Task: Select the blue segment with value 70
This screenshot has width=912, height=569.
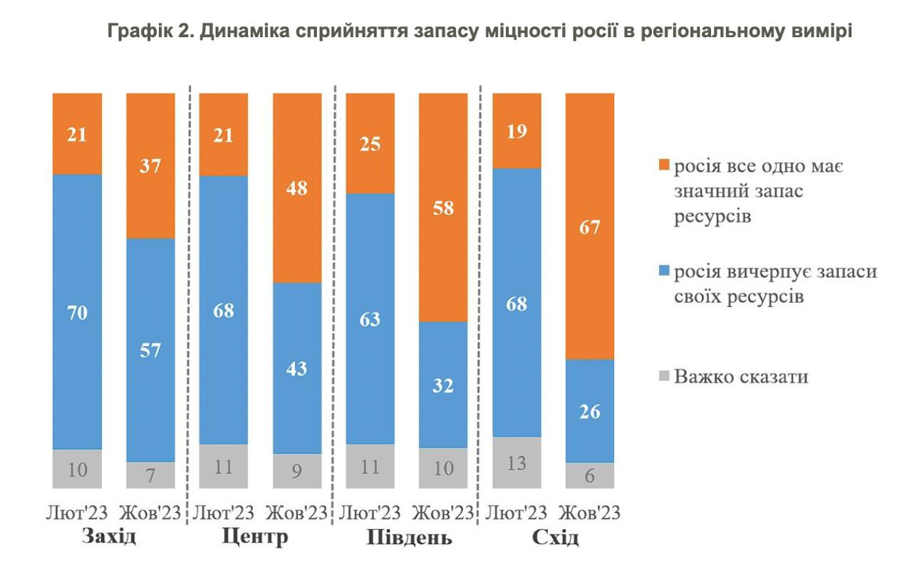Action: pos(77,312)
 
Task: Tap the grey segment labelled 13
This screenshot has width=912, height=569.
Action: pos(517,462)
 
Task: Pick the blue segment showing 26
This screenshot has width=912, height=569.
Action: pos(589,411)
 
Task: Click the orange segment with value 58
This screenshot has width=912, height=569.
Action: pos(443,208)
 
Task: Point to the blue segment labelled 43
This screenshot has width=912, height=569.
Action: pos(297,367)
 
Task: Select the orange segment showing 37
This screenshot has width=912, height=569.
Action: pos(150,166)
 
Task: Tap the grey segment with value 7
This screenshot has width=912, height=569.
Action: pos(150,474)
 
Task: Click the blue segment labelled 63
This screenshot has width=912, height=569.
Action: pos(370,318)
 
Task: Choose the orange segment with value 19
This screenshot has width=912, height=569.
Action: pos(517,131)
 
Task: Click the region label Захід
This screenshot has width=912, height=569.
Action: pos(109,536)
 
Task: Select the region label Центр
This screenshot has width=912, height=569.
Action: pos(256,536)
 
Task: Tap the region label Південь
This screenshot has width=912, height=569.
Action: pos(409,537)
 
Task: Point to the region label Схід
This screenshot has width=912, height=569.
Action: pos(555,537)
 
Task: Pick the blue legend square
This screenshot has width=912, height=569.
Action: pos(664,272)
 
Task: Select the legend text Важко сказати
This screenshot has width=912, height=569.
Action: pos(741,376)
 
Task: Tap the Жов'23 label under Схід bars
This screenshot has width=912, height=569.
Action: pos(589,513)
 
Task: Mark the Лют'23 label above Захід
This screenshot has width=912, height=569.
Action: pos(76,513)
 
